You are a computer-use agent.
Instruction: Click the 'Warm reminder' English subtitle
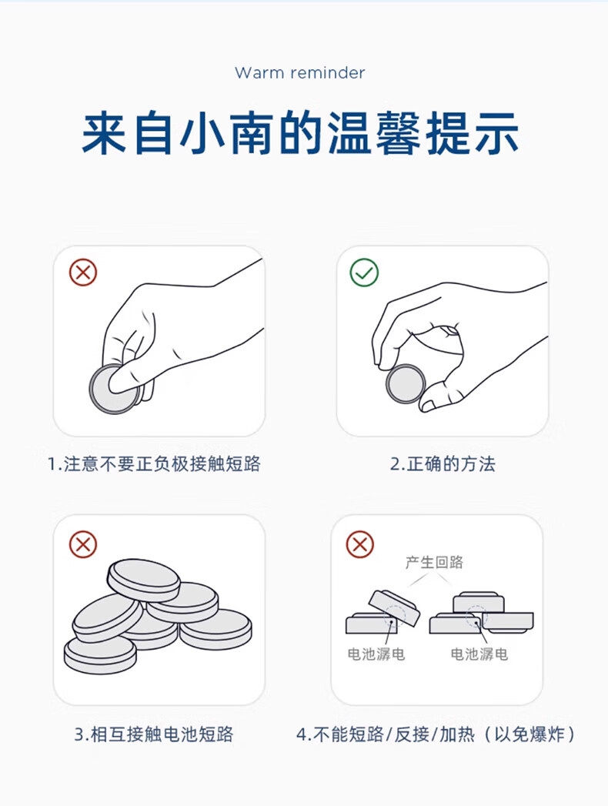click(299, 72)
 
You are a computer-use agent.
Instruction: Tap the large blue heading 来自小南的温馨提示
click(301, 133)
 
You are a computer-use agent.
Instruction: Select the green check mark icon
click(364, 273)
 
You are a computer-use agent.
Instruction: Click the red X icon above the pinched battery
click(83, 272)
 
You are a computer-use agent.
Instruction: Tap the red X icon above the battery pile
click(83, 543)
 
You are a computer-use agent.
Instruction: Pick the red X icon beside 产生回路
click(359, 543)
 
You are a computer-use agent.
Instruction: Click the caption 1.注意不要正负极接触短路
click(154, 463)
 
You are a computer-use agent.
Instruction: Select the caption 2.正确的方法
click(443, 463)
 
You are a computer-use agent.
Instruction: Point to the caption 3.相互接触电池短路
click(154, 734)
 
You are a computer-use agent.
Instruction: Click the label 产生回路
click(434, 562)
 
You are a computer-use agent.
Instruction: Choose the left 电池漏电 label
click(376, 654)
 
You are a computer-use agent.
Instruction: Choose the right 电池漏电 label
click(479, 654)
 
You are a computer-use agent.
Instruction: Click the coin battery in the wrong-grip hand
click(114, 389)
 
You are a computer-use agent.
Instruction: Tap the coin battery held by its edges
click(406, 384)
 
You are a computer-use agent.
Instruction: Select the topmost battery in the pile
click(144, 580)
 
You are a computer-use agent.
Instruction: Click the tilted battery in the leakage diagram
click(394, 607)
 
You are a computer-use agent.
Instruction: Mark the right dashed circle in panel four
click(476, 617)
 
